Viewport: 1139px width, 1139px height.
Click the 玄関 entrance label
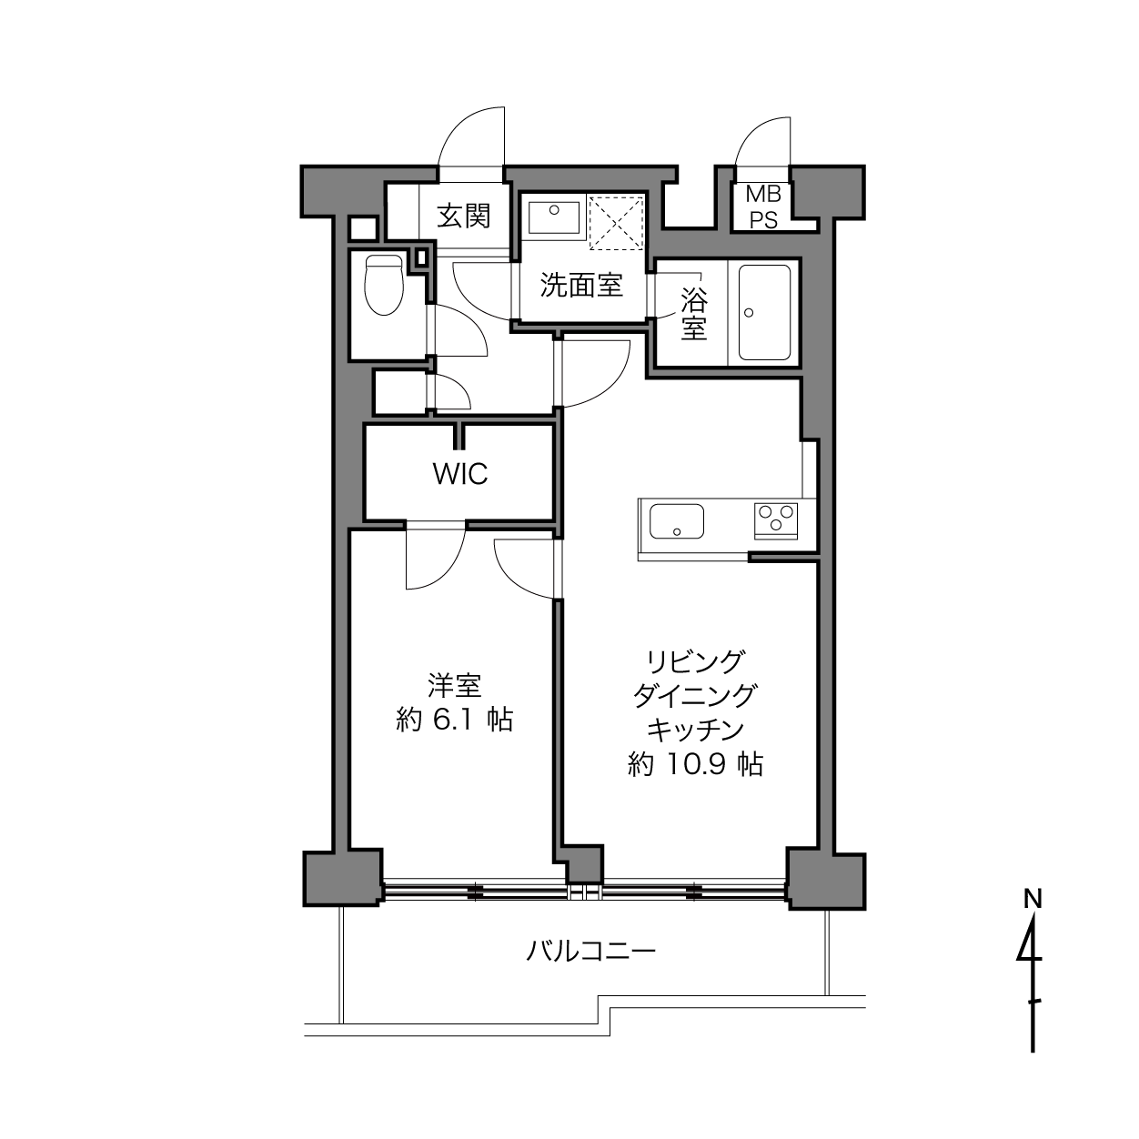pyautogui.click(x=464, y=217)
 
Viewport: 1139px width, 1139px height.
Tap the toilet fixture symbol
pyautogui.click(x=384, y=285)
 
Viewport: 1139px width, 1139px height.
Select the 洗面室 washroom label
pyautogui.click(x=581, y=286)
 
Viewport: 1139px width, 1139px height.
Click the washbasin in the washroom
pyautogui.click(x=554, y=217)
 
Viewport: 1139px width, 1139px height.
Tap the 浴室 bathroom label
pyautogui.click(x=693, y=313)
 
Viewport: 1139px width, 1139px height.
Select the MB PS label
pyautogui.click(x=763, y=207)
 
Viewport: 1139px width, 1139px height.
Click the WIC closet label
pyautogui.click(x=460, y=473)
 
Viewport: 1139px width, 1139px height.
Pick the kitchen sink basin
pyautogui.click(x=677, y=520)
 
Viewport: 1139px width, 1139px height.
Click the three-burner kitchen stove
pyautogui.click(x=775, y=520)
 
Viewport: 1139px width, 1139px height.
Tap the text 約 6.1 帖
pyautogui.click(x=454, y=720)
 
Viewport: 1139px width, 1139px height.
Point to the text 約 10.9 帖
pyautogui.click(x=695, y=764)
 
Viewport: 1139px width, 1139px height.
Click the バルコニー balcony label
pyautogui.click(x=591, y=951)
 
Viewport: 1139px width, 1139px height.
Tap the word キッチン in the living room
pyautogui.click(x=695, y=730)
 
